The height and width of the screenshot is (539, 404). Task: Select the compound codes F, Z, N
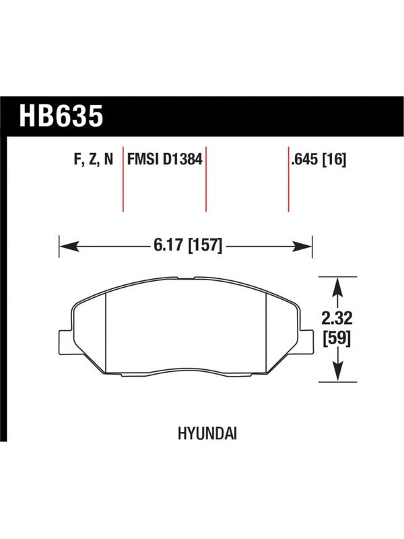(x=94, y=160)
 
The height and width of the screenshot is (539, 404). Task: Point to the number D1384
(x=182, y=159)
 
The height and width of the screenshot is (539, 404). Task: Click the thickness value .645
(x=305, y=159)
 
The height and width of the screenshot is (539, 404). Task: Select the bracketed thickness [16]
(x=334, y=160)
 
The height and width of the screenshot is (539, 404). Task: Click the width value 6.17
(x=168, y=245)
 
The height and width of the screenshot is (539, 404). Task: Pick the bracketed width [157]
(x=205, y=245)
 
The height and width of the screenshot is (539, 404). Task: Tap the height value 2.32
(x=337, y=319)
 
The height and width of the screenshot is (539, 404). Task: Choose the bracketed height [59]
(x=337, y=340)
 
